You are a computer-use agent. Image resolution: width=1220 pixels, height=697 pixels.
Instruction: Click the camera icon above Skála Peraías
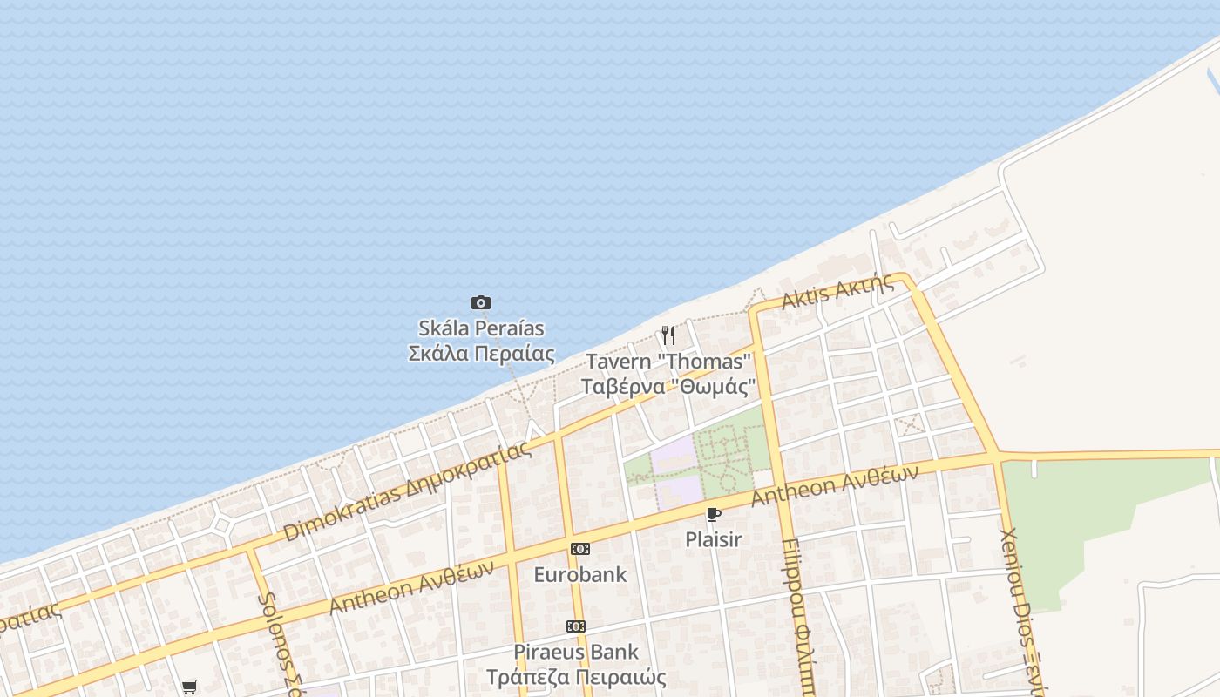(480, 303)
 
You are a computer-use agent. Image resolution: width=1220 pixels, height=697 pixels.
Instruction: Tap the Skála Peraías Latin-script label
(481, 328)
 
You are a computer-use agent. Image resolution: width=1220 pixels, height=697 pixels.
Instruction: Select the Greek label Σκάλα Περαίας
(481, 354)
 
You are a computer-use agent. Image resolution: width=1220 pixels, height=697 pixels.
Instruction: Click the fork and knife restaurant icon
(668, 335)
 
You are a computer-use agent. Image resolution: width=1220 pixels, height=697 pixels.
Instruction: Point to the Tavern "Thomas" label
(668, 361)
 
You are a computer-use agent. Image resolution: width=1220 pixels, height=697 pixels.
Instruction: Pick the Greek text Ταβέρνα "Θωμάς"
(668, 386)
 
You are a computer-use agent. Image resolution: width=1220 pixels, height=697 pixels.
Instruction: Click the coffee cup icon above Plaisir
(714, 514)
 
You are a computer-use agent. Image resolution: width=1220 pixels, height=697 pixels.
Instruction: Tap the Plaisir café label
(714, 539)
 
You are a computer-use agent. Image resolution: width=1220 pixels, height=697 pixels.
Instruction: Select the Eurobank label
(579, 574)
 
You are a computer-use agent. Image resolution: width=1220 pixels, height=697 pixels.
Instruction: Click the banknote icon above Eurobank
(579, 549)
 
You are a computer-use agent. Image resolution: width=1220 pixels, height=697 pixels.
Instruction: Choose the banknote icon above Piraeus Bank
(575, 626)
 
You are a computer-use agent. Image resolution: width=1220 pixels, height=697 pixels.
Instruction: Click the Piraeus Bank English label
(575, 652)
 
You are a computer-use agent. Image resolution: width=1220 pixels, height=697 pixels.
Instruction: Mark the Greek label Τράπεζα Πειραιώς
(575, 677)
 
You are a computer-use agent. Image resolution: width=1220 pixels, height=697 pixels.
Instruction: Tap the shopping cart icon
(189, 687)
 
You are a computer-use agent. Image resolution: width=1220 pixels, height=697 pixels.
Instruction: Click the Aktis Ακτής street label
(837, 291)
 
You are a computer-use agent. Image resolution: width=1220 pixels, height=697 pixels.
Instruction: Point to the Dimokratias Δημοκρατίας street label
(407, 492)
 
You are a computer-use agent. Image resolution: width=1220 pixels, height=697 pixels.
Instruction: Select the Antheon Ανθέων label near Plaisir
(834, 485)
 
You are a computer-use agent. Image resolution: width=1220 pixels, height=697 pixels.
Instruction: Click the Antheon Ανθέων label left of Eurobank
(411, 586)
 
